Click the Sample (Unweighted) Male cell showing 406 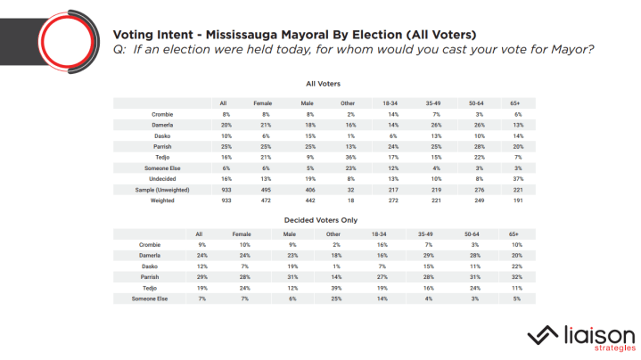pos(297,190)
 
